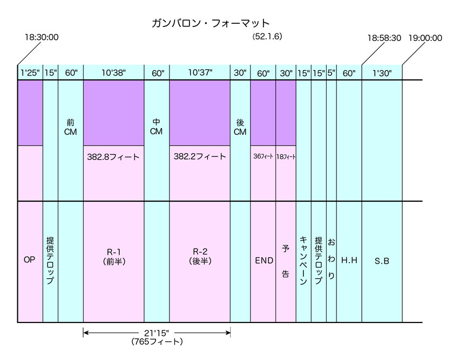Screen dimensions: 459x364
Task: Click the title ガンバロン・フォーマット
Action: tap(211, 23)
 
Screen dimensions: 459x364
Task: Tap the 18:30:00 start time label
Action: tap(42, 37)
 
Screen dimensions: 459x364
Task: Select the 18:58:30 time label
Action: tap(384, 38)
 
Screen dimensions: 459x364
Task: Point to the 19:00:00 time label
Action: tap(425, 38)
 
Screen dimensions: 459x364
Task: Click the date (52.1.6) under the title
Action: tap(267, 37)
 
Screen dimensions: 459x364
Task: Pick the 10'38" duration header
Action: tap(113, 73)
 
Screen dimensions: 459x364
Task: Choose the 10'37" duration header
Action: tap(200, 72)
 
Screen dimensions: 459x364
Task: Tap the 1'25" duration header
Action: tap(30, 73)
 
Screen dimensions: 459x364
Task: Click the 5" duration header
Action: tap(332, 73)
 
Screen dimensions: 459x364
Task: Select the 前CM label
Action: tap(71, 127)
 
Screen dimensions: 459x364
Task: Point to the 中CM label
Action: tap(156, 127)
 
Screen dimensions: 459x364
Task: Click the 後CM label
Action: tap(240, 127)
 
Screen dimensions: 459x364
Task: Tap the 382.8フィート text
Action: tap(113, 157)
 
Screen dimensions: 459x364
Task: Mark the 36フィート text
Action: tap(263, 156)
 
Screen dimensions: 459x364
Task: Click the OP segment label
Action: tap(29, 259)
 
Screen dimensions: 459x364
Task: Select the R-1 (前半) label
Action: tap(114, 256)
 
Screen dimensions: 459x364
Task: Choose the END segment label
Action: tap(264, 260)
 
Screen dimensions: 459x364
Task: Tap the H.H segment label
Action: tap(349, 260)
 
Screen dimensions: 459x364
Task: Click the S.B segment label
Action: tap(382, 261)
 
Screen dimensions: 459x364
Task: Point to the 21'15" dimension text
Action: tap(157, 333)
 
